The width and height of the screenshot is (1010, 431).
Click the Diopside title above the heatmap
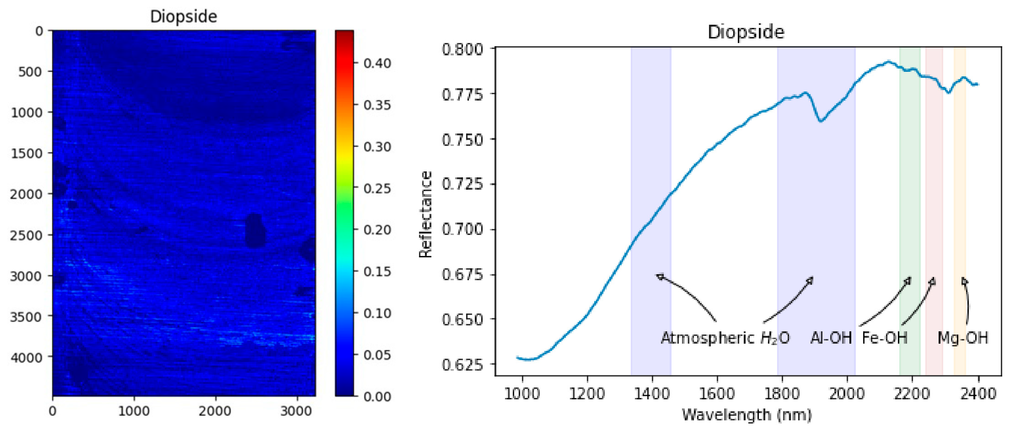pyautogui.click(x=184, y=16)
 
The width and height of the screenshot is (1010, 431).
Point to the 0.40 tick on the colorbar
pyautogui.click(x=377, y=63)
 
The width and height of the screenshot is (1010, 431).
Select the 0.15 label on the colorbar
pyautogui.click(x=377, y=271)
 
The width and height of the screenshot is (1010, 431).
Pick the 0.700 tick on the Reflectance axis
pyautogui.click(x=462, y=229)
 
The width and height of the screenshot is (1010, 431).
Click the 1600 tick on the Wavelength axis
pyautogui.click(x=717, y=394)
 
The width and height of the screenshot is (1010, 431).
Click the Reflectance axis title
pyautogui.click(x=425, y=214)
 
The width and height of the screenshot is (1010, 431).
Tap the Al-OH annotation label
pyautogui.click(x=831, y=338)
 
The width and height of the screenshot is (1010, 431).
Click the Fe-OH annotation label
pyautogui.click(x=884, y=338)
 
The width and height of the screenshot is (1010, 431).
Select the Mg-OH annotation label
pyautogui.click(x=963, y=338)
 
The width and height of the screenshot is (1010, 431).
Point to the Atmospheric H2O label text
pyautogui.click(x=725, y=338)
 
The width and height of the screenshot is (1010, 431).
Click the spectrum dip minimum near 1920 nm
pyautogui.click(x=820, y=121)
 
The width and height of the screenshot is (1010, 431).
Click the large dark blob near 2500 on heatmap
pyautogui.click(x=255, y=231)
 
